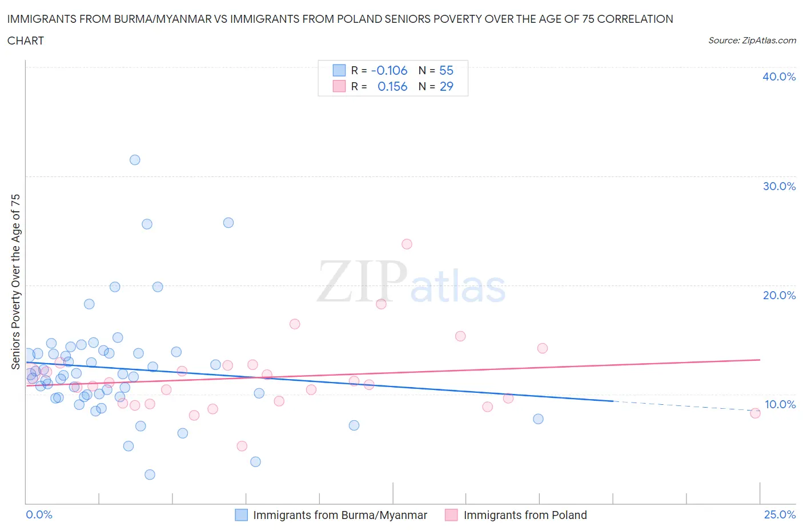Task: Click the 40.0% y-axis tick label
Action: (x=778, y=77)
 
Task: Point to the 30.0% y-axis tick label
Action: (x=778, y=186)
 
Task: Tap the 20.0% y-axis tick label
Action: (x=778, y=295)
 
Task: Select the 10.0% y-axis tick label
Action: (x=780, y=404)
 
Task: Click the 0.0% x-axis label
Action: (x=39, y=514)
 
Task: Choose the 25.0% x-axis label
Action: (x=780, y=514)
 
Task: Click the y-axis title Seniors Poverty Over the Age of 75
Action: (x=15, y=281)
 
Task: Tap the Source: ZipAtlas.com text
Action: (x=752, y=41)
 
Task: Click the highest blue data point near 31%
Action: (x=135, y=160)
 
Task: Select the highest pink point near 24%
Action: (x=407, y=244)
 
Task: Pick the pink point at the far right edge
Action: (x=755, y=413)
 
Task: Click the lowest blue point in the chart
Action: (x=150, y=474)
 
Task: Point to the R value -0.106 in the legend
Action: (x=389, y=70)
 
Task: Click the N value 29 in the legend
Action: (x=446, y=86)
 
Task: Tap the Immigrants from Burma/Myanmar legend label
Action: (x=340, y=515)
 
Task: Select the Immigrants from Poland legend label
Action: (x=525, y=515)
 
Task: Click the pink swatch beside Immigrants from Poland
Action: (x=451, y=515)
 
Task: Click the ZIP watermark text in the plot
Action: (x=362, y=283)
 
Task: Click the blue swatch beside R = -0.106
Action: (x=339, y=70)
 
